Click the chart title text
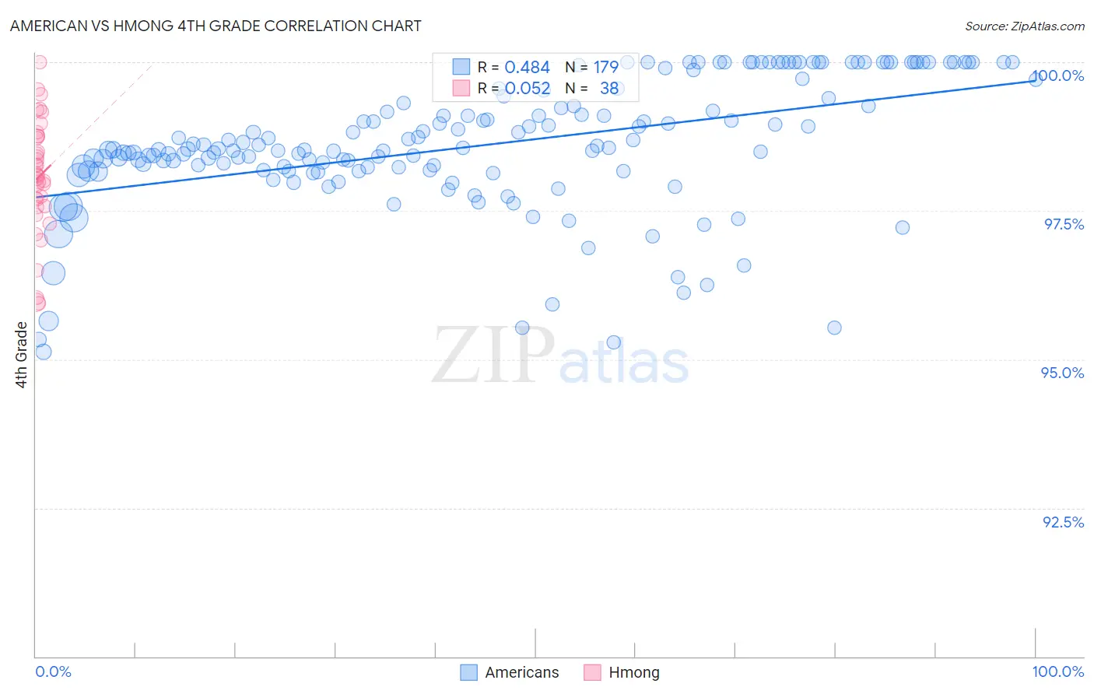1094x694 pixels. tap(216, 26)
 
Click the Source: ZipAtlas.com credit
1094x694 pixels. tap(1024, 26)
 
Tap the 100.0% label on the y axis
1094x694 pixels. tap(1058, 75)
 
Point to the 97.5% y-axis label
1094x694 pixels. tap(1064, 224)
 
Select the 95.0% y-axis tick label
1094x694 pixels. tap(1062, 373)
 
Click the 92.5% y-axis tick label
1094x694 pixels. tap(1063, 522)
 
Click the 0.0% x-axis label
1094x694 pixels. tap(53, 671)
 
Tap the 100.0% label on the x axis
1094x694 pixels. tap(1057, 671)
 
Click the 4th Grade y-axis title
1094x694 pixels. tap(22, 355)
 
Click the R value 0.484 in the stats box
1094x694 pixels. tap(527, 68)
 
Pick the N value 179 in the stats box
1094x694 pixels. tap(605, 68)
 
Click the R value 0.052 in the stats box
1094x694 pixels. tap(527, 89)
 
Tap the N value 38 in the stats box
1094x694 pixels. tap(608, 89)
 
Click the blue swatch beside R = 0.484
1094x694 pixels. tap(461, 67)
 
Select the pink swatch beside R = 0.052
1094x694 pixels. tap(461, 88)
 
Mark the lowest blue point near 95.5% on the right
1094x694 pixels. tap(834, 328)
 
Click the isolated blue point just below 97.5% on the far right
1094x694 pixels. tap(903, 227)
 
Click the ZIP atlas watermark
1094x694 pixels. tap(560, 356)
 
